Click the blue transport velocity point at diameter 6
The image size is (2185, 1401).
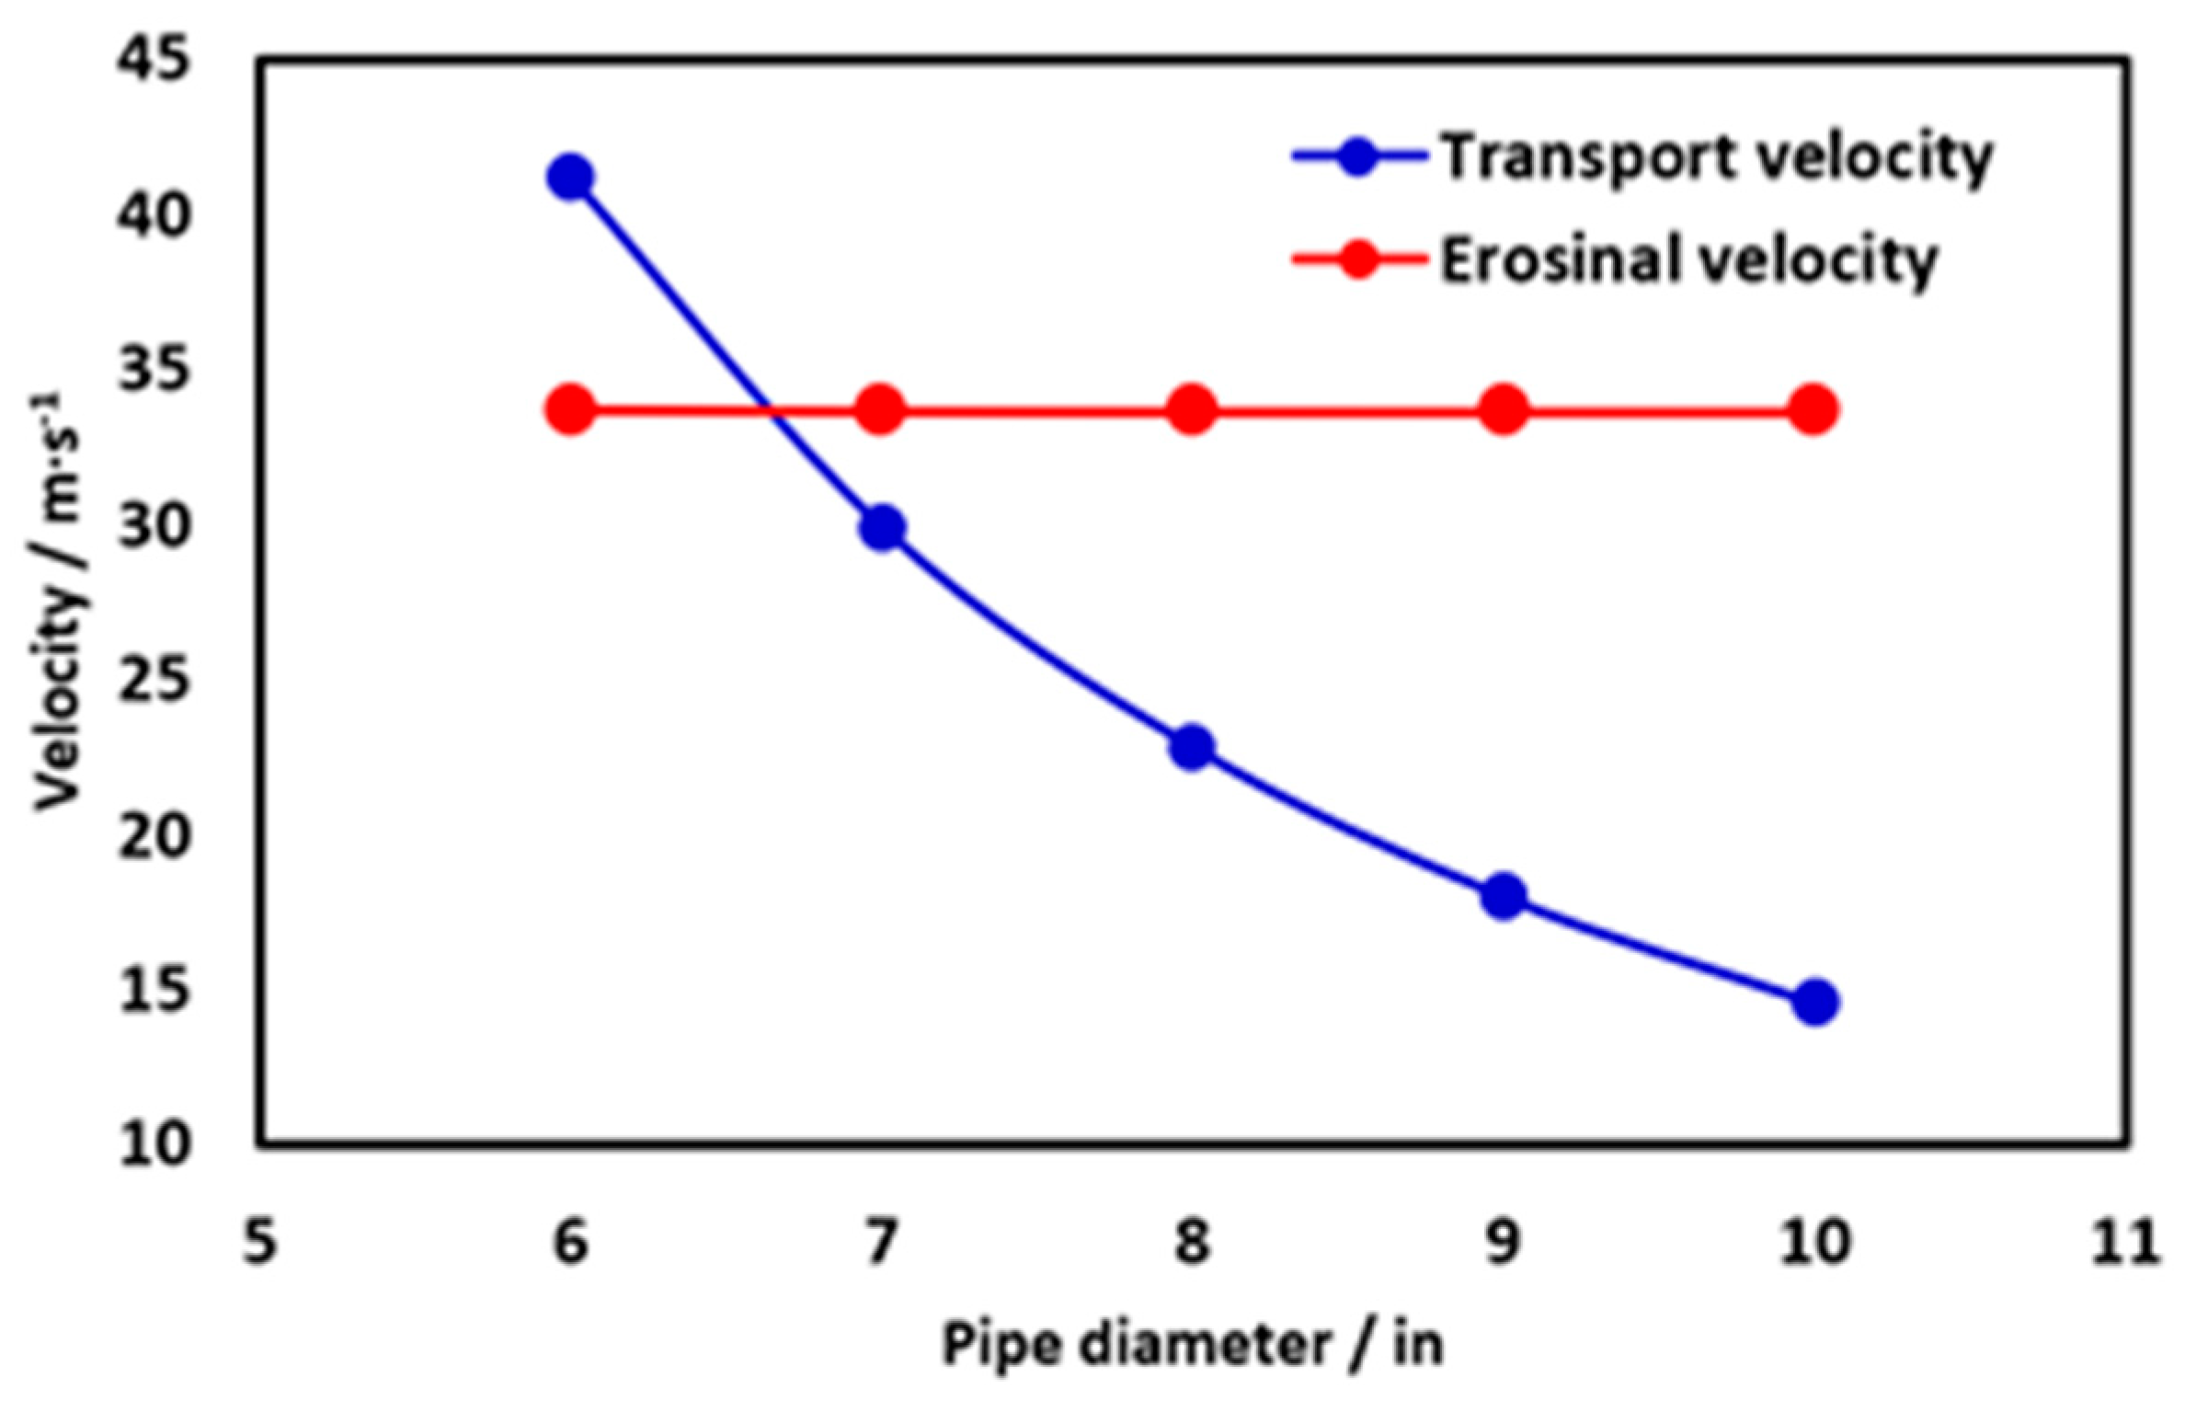(x=570, y=177)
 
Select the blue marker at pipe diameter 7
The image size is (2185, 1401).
(x=882, y=528)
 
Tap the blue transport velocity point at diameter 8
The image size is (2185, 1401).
(x=1193, y=747)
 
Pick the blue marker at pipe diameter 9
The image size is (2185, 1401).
(x=1504, y=895)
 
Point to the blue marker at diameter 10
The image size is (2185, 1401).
(x=1815, y=1002)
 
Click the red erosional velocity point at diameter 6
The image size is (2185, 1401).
(x=570, y=409)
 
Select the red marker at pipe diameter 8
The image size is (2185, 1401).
(x=1193, y=409)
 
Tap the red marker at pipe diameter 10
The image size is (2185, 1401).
(x=1815, y=409)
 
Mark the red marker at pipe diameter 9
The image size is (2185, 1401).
(x=1504, y=409)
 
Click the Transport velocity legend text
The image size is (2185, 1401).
(x=1716, y=158)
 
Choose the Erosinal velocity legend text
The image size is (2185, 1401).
(x=1688, y=261)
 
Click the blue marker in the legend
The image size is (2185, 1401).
(x=1358, y=157)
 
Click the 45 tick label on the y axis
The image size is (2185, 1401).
(x=154, y=63)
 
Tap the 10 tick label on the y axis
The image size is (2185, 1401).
(x=154, y=1146)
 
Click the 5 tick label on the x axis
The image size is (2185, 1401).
(x=260, y=1242)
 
